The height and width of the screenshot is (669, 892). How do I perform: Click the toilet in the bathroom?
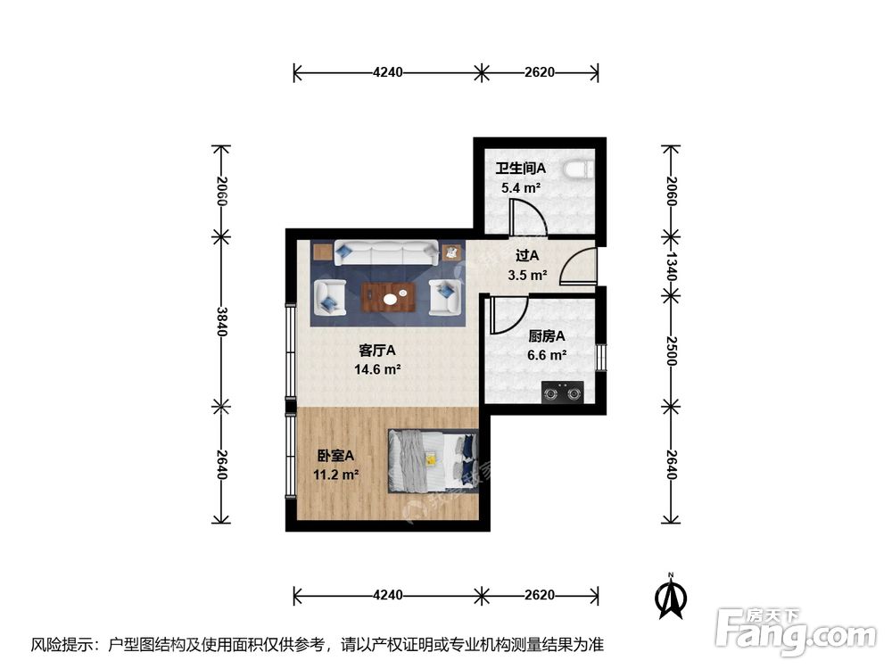click(581, 169)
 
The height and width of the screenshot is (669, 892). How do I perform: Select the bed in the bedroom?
click(433, 461)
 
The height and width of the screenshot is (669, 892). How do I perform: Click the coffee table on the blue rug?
click(389, 295)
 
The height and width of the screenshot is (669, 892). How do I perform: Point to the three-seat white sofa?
click(385, 253)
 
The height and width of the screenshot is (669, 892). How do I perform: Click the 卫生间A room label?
click(520, 168)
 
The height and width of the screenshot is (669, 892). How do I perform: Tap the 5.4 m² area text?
click(520, 188)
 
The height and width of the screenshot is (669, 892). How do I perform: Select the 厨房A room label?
click(547, 336)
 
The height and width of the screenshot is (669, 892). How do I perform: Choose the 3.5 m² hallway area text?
click(526, 275)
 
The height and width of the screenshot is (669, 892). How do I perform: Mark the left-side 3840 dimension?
click(220, 323)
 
